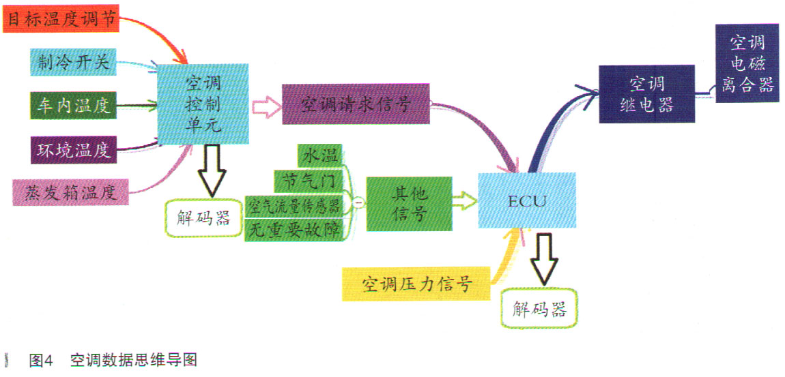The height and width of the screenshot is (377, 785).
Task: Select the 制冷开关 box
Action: click(73, 63)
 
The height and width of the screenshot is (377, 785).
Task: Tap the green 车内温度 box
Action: click(73, 106)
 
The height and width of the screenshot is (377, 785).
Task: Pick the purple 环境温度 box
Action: click(73, 149)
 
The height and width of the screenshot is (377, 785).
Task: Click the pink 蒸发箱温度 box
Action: click(70, 192)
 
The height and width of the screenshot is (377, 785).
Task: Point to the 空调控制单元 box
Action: click(203, 104)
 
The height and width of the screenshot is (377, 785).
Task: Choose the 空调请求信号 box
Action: click(356, 104)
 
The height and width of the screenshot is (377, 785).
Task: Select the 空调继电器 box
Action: click(647, 94)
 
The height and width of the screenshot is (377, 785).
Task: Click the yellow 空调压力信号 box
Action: click(416, 284)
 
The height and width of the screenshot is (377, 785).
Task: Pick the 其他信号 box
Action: click(410, 204)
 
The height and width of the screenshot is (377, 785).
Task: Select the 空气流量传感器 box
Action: click(294, 206)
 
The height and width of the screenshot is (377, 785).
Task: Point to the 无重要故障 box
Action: click(294, 230)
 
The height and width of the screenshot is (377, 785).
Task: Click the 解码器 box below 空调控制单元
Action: click(203, 219)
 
